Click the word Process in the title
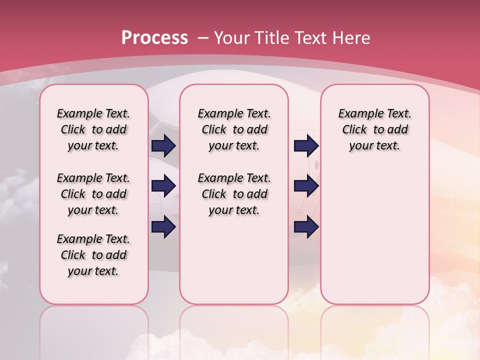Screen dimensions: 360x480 pos(154,37)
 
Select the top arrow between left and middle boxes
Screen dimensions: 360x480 pos(163,145)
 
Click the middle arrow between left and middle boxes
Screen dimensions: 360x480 pos(163,186)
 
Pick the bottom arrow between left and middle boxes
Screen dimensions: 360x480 pos(163,227)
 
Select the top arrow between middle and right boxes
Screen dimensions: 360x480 pos(306,145)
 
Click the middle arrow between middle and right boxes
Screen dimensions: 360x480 pos(306,186)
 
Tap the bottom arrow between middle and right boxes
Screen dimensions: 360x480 pos(306,227)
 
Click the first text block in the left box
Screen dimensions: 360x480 pos(93,129)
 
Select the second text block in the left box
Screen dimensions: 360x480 pos(93,194)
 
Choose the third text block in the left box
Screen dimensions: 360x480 pos(93,255)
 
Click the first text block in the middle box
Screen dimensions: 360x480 pos(234,129)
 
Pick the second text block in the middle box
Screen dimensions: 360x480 pos(234,194)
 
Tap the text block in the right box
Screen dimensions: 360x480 pos(374,129)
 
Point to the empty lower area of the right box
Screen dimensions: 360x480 pos(374,235)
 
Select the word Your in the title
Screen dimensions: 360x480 pos(232,37)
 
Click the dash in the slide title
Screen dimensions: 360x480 pos(203,37)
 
